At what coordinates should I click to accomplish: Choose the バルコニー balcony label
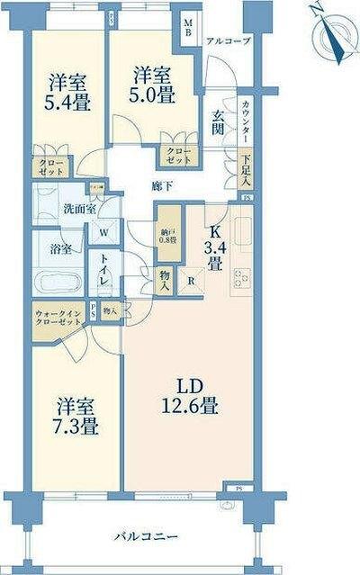click(x=145, y=537)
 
